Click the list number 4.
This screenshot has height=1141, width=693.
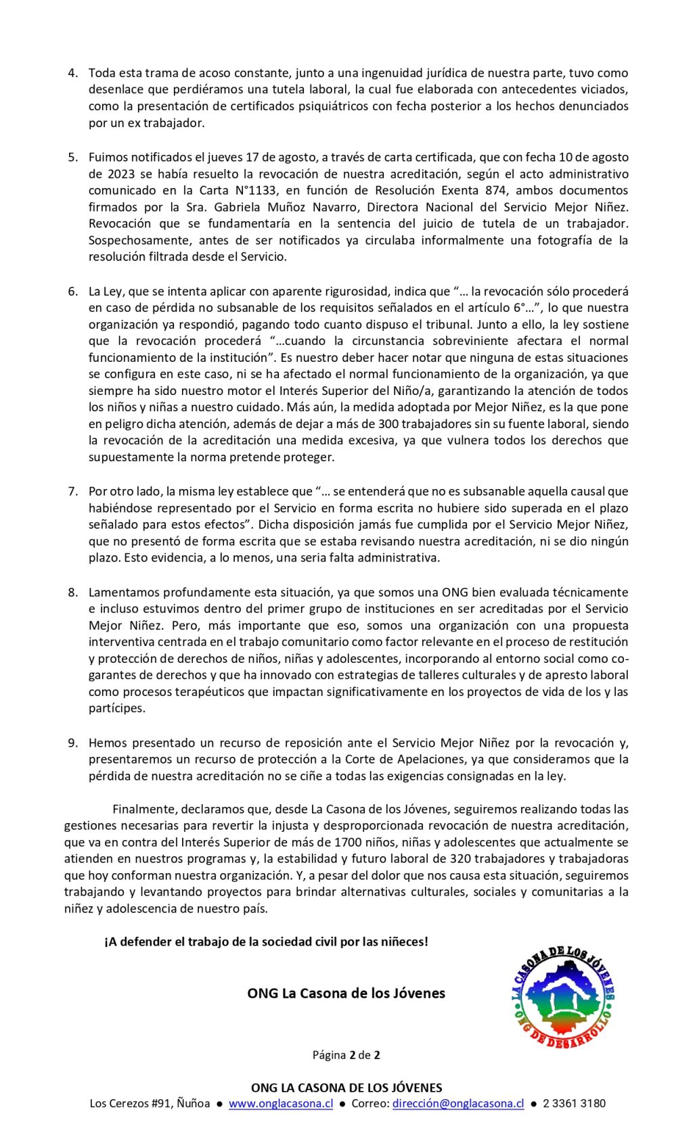pyautogui.click(x=72, y=73)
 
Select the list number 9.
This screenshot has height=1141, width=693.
pyautogui.click(x=72, y=743)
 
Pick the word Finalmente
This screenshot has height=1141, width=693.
pyautogui.click(x=143, y=809)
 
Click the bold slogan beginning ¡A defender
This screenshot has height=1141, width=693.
pyautogui.click(x=266, y=941)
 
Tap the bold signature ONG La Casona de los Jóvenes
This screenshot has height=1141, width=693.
pyautogui.click(x=346, y=994)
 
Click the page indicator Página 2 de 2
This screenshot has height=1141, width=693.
pyautogui.click(x=346, y=1055)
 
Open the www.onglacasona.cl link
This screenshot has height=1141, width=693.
pyautogui.click(x=281, y=1104)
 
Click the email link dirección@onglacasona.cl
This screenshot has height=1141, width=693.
pyautogui.click(x=458, y=1104)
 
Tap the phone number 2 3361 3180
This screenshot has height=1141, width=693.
pyautogui.click(x=574, y=1104)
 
